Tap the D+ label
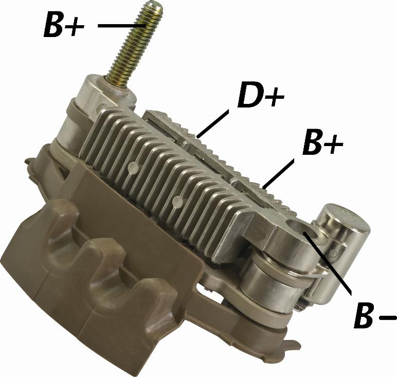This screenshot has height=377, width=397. (x=261, y=97)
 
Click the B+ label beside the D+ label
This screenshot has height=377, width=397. (x=323, y=142)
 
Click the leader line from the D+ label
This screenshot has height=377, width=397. (x=213, y=124)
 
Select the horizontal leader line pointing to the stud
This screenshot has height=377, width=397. (x=122, y=25)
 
